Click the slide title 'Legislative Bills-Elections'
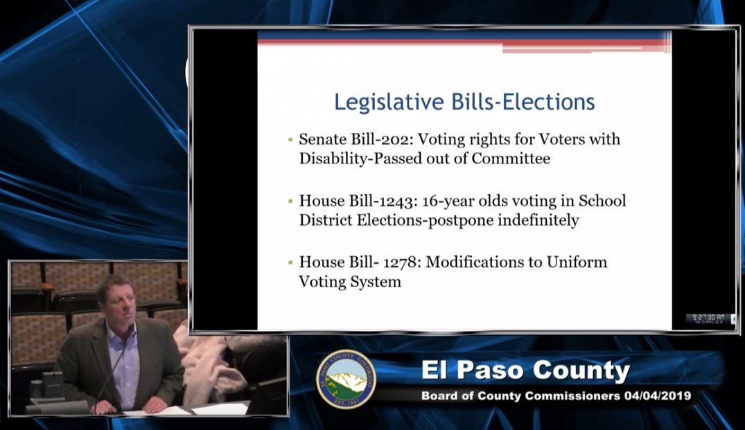464,102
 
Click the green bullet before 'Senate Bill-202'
290,140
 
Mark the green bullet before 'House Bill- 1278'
290,263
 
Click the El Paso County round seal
346,379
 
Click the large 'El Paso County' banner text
525,371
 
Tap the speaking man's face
116,299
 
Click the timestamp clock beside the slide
707,319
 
